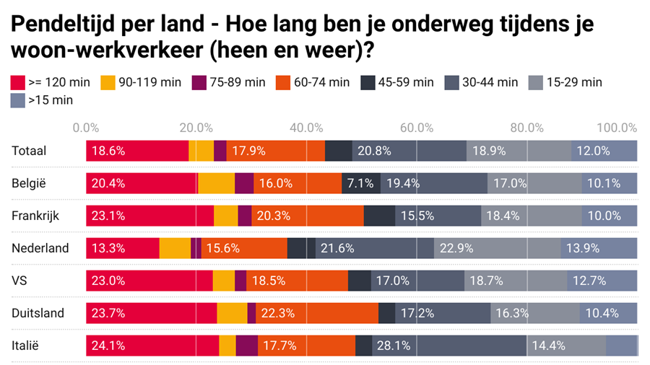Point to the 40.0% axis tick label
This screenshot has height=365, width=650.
(305, 128)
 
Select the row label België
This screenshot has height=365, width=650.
(29, 183)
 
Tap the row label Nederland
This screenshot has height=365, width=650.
(40, 248)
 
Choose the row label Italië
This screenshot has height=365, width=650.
(25, 346)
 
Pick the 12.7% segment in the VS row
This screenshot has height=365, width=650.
(602, 281)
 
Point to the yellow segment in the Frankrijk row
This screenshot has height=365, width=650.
(225, 216)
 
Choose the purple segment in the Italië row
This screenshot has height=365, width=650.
(246, 346)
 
